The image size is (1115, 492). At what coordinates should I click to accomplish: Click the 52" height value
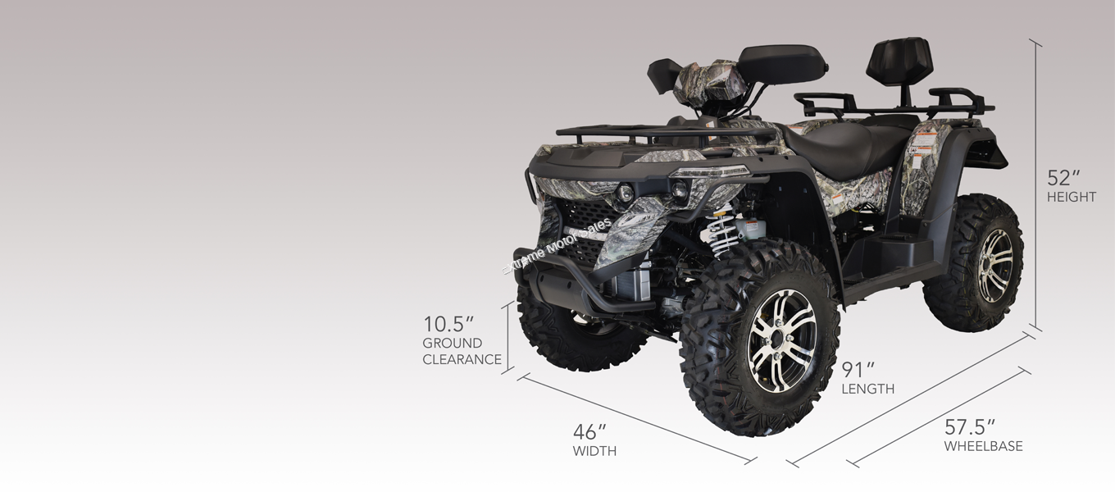tap(1063, 178)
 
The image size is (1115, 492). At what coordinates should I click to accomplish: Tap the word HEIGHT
tap(1071, 198)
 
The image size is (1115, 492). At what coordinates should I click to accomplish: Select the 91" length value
tap(858, 370)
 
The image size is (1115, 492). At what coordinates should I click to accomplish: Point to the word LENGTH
tap(867, 389)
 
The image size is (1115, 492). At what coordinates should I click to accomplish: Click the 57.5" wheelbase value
tap(970, 427)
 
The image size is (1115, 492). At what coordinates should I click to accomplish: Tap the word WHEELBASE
tap(983, 447)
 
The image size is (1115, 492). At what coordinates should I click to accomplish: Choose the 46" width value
tap(589, 431)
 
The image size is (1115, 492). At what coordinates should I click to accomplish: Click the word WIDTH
tap(594, 451)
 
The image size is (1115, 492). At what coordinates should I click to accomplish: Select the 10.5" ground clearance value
tap(448, 324)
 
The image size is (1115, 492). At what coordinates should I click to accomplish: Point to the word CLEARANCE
tap(462, 359)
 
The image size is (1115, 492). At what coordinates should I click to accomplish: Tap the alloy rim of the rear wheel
tap(995, 265)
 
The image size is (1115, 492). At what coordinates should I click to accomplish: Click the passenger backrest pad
tap(899, 58)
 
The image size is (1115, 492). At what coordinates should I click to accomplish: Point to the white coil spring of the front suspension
tap(724, 235)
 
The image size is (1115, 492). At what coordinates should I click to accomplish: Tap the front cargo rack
tap(656, 131)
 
